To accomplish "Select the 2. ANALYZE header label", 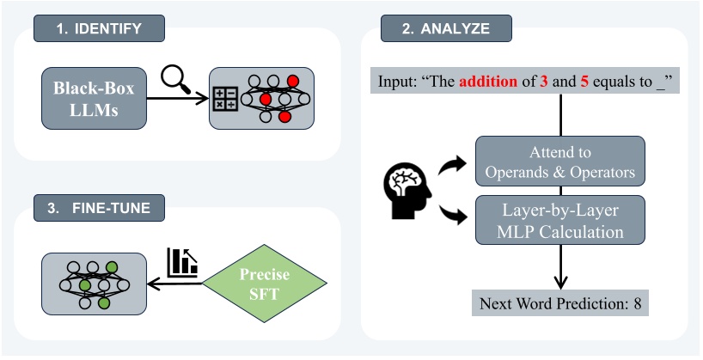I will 447,28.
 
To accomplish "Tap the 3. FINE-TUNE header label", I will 98,207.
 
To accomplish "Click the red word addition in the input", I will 489,83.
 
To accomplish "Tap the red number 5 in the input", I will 590,83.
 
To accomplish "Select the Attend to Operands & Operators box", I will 560,160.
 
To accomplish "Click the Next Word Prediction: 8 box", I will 560,304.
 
